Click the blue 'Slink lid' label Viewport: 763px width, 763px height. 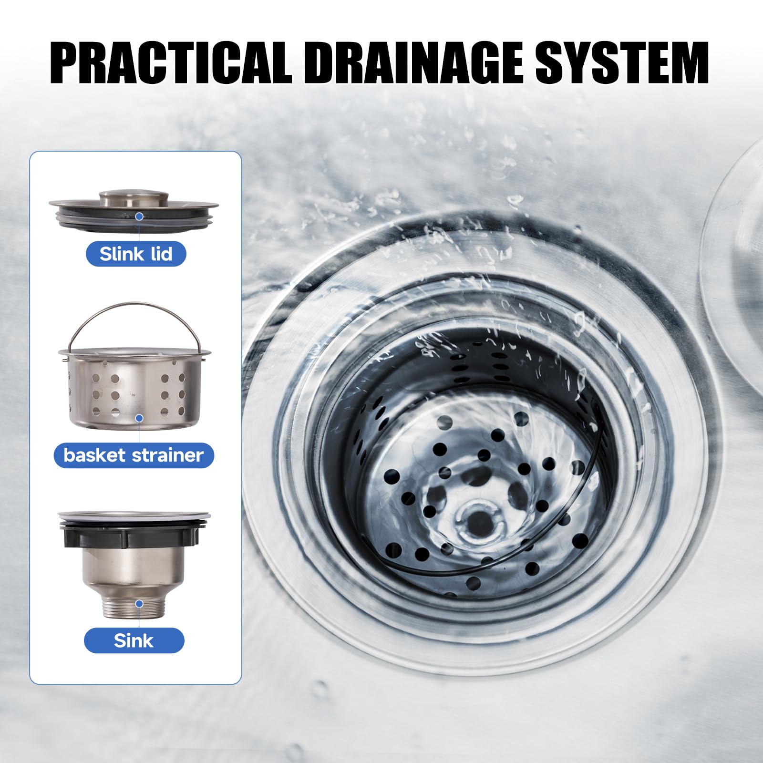[136, 254]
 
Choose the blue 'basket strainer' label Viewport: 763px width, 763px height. [134, 455]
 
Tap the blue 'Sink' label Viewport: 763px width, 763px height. [134, 640]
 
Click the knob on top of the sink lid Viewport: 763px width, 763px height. [134, 198]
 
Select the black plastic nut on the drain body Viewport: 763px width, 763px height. [134, 536]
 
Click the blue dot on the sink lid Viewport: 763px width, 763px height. [139, 217]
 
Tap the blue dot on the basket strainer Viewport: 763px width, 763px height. [139, 418]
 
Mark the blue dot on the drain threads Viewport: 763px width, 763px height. [139, 604]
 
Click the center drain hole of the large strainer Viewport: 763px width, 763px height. [475, 523]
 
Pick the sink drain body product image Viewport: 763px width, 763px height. [134, 565]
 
